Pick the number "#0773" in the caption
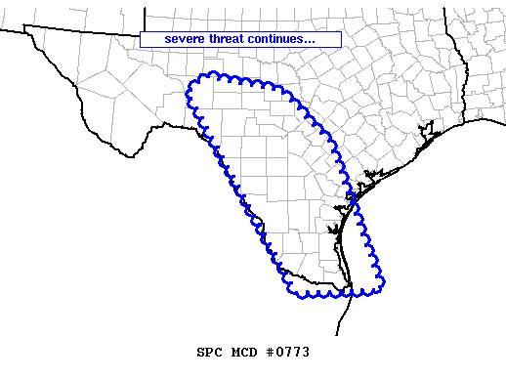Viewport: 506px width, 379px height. click(288, 350)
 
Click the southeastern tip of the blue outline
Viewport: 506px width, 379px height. click(384, 282)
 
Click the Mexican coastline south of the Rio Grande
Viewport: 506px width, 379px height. click(346, 317)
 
